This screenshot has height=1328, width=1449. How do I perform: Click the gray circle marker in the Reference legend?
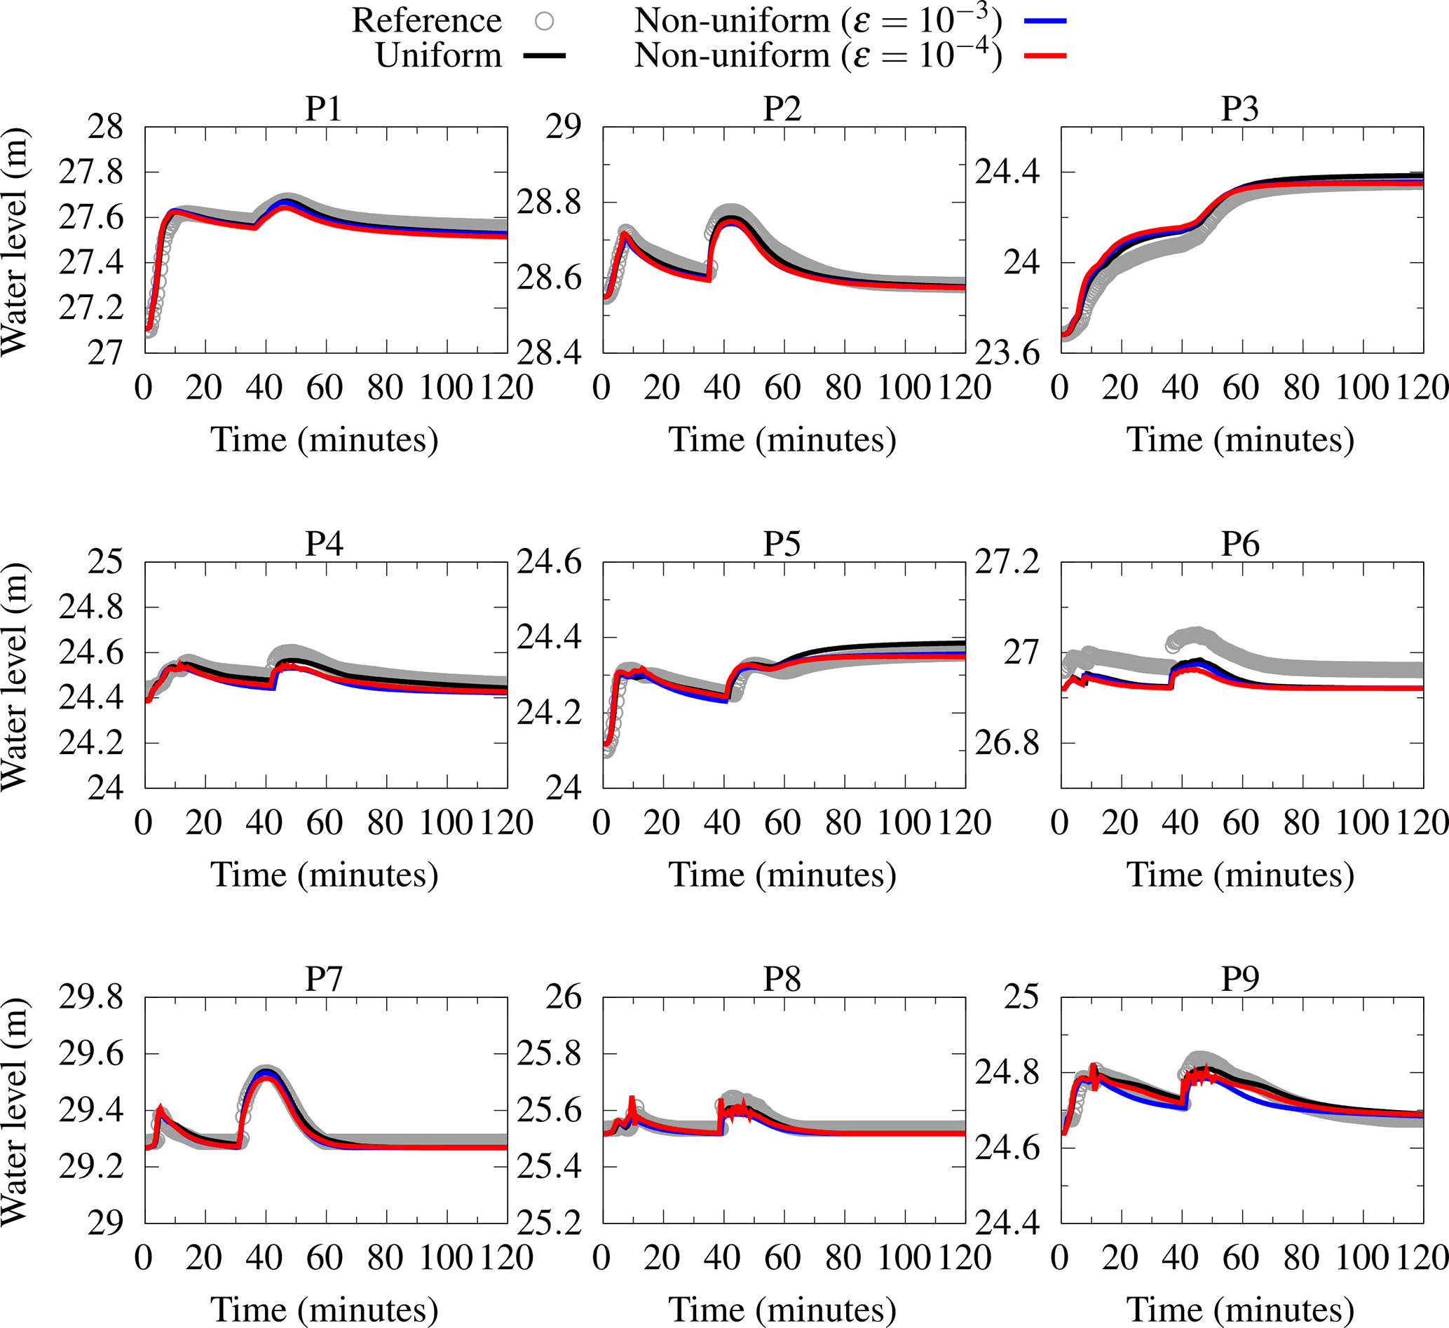tap(544, 22)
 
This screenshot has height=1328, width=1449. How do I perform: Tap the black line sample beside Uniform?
tap(544, 55)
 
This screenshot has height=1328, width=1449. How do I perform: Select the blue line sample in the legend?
tap(1045, 22)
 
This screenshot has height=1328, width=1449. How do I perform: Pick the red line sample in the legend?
tap(1045, 55)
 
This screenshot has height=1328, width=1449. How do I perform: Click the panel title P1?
tap(323, 109)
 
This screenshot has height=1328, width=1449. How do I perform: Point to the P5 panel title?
tap(782, 544)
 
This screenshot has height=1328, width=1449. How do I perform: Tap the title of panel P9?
tap(1241, 979)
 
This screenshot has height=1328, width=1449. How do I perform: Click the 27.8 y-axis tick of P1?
tap(91, 173)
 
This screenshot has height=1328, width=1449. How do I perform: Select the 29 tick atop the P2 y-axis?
tap(564, 128)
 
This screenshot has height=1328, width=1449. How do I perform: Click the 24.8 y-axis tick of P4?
tap(91, 608)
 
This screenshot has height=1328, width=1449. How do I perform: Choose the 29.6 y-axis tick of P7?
tap(91, 1055)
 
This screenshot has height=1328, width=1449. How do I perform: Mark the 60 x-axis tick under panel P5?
tap(783, 823)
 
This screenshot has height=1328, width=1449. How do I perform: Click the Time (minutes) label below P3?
tap(1241, 440)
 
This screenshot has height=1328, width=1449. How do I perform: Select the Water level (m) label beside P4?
tap(15, 676)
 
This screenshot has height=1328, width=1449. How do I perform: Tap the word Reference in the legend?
tap(426, 22)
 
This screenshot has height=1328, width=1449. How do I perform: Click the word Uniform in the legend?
tap(438, 55)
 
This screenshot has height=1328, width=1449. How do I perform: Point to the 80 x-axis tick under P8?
tap(843, 1259)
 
